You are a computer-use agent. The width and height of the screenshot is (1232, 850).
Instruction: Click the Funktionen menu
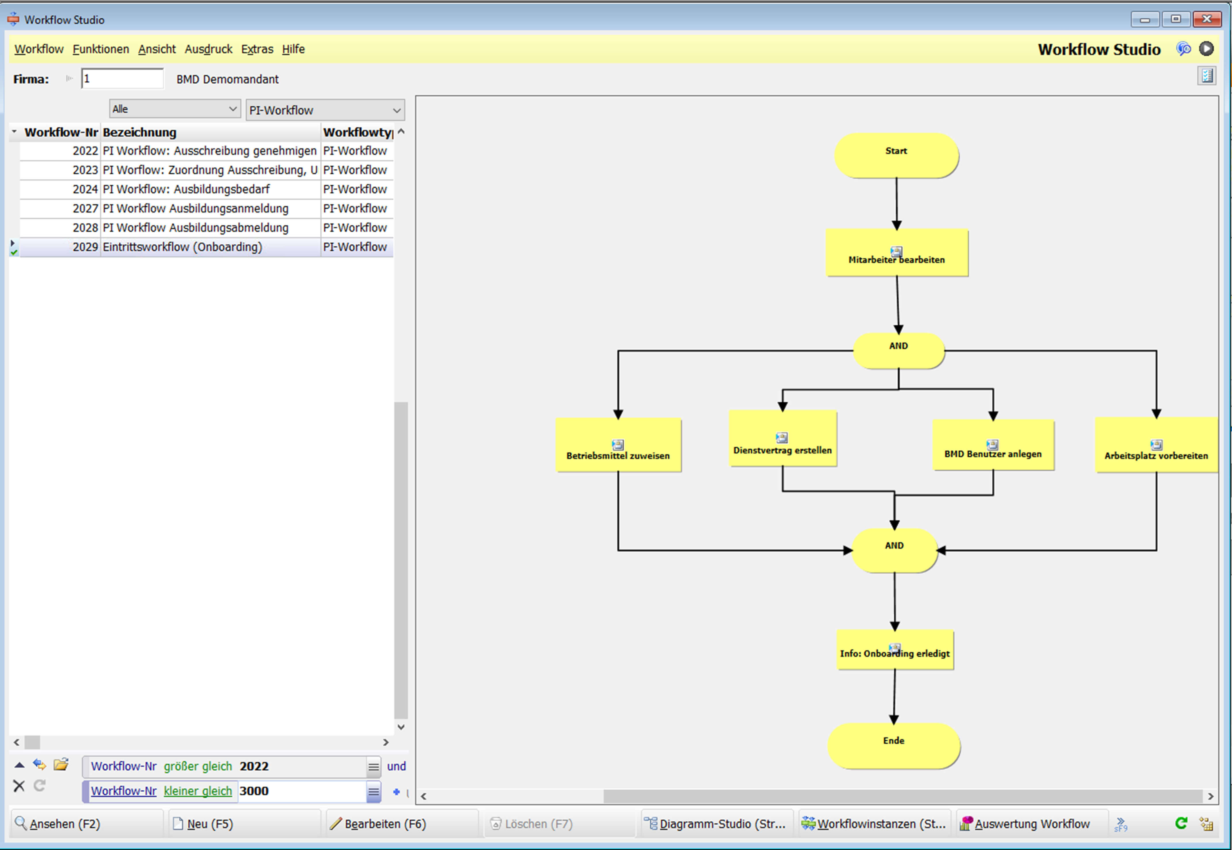point(101,49)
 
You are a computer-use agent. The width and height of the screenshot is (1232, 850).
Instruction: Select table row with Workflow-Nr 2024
point(186,189)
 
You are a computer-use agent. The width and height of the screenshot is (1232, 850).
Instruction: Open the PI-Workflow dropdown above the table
point(324,110)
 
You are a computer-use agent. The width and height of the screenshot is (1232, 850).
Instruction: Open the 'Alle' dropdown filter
point(174,109)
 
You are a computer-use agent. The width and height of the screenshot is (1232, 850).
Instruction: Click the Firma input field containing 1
point(122,79)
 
